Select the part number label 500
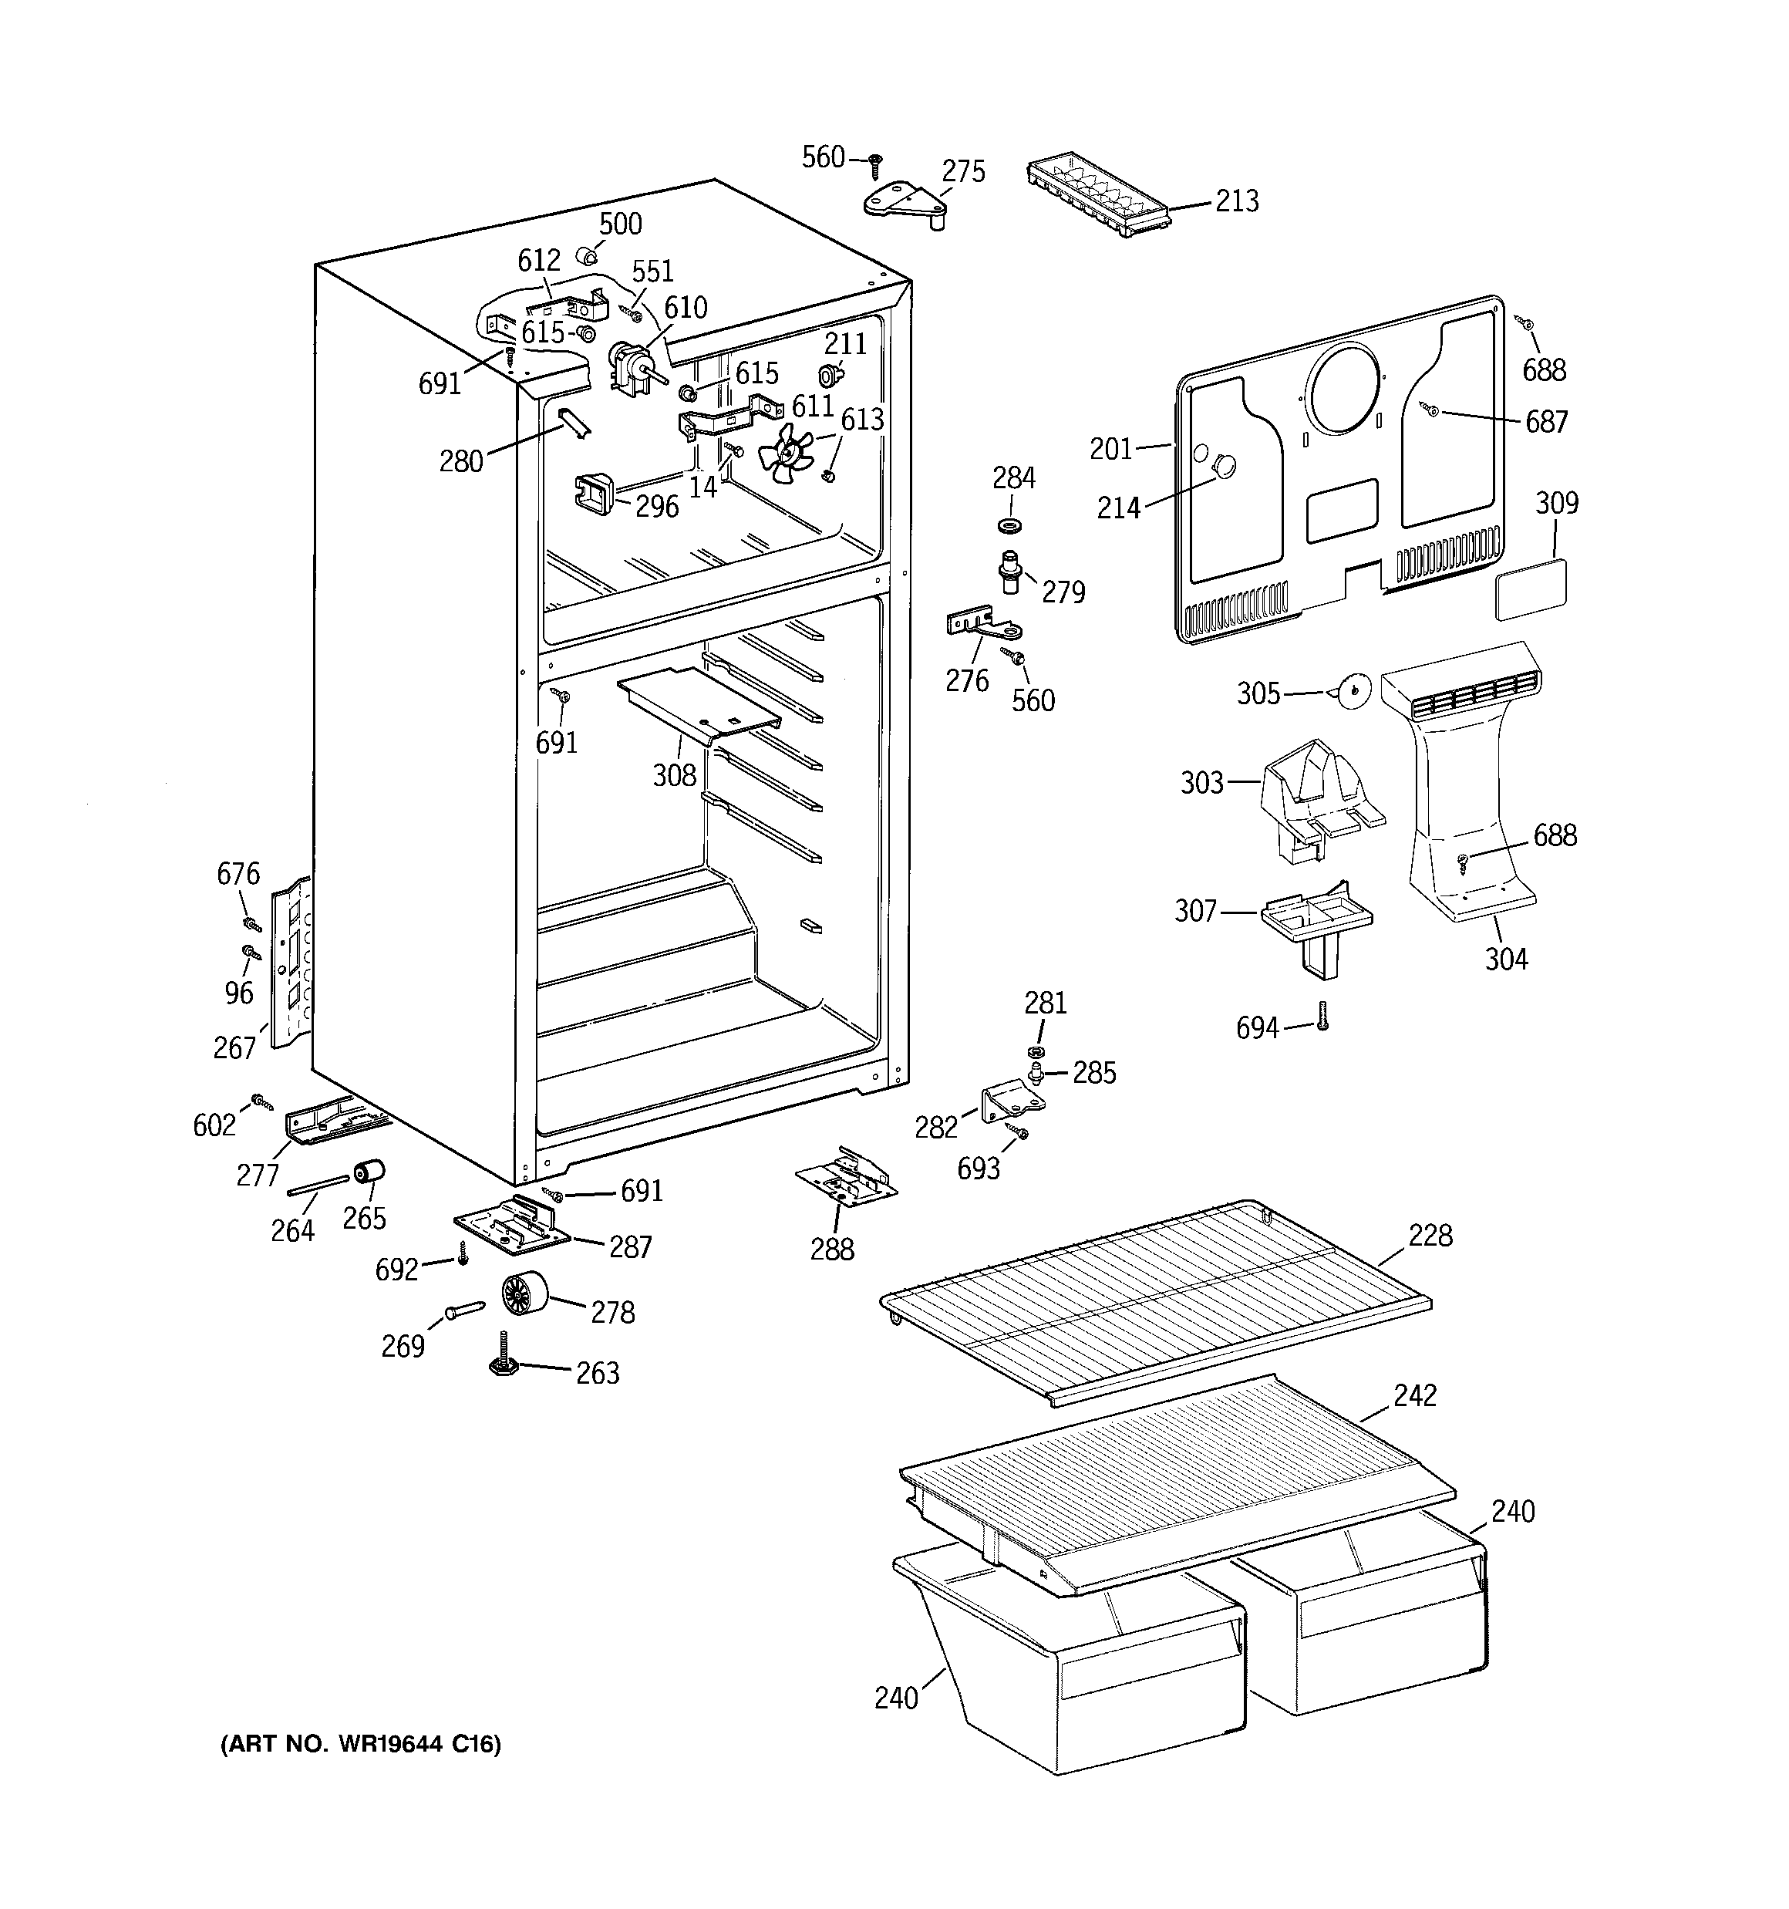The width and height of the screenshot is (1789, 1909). (619, 224)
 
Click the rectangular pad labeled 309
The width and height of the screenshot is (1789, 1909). (1531, 588)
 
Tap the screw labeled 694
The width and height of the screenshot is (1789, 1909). (1322, 1016)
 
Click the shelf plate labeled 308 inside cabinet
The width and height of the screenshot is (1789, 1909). (698, 704)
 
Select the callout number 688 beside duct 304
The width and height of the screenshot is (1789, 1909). (1555, 835)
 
